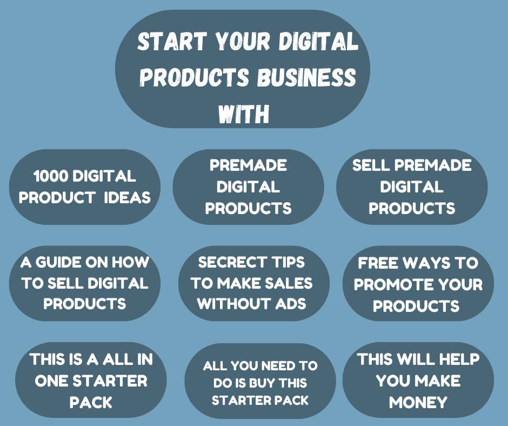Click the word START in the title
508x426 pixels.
click(x=172, y=41)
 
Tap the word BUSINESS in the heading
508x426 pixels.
click(x=306, y=77)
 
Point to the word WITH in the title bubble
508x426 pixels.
click(x=244, y=114)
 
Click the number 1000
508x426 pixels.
click(x=51, y=176)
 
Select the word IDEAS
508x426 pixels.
click(x=128, y=197)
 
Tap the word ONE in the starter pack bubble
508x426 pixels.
click(x=51, y=381)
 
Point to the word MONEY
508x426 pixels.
click(x=418, y=402)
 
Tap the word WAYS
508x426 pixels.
click(x=424, y=263)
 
